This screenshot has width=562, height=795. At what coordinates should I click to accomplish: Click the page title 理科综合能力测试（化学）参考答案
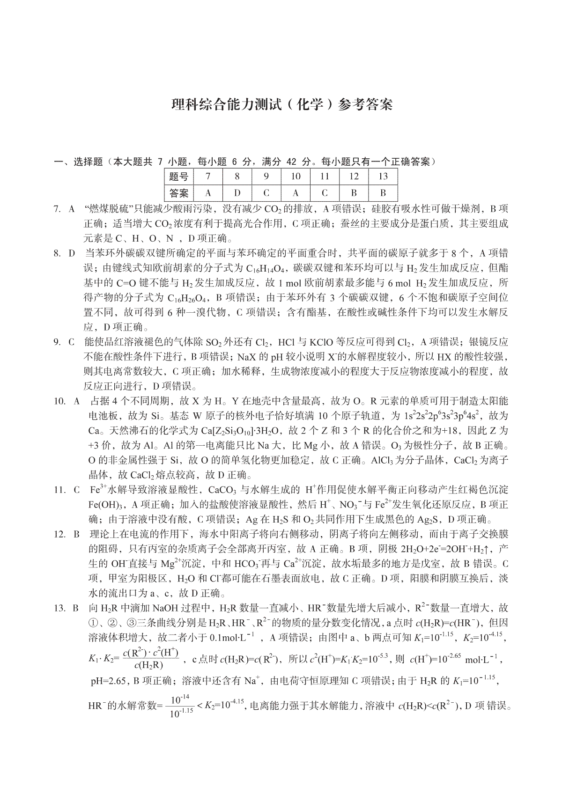[x=282, y=104]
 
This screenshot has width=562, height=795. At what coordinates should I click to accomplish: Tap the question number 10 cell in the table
[x=296, y=177]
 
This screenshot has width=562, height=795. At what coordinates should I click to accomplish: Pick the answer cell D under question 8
[x=237, y=193]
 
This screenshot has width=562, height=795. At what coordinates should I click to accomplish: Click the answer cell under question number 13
[x=383, y=193]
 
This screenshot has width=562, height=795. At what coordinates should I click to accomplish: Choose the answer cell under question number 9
[x=266, y=193]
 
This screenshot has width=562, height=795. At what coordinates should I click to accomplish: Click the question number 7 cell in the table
[x=208, y=177]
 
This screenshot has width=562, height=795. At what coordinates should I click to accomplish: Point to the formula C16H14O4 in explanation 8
[x=268, y=269]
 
